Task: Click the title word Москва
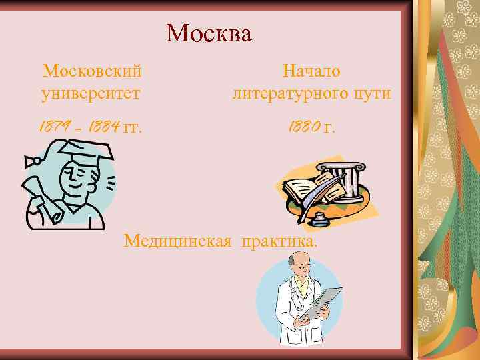pos(209,33)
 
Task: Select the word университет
pos(91,93)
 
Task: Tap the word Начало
pos(311,70)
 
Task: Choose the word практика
pos(280,240)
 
